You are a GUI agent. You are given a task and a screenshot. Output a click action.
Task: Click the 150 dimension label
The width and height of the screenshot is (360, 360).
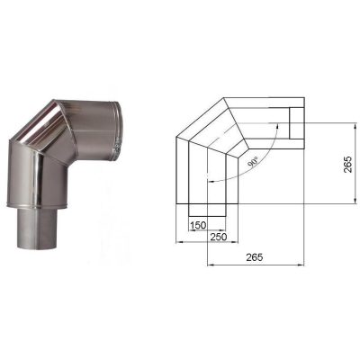click(198, 225)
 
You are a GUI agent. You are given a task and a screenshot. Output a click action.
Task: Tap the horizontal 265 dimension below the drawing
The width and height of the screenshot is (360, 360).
click(254, 256)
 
